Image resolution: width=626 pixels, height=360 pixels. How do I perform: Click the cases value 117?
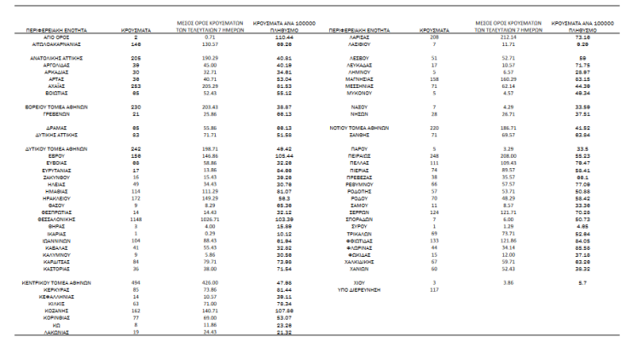coord(434,288)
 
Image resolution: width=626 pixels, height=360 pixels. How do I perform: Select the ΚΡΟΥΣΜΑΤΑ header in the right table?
coord(435,30)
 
